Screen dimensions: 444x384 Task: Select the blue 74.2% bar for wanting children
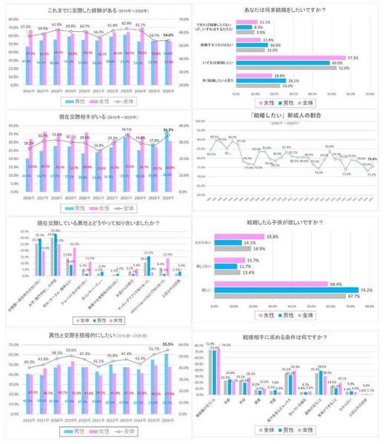pos(296,289)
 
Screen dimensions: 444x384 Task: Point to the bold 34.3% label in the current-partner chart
pos(169,129)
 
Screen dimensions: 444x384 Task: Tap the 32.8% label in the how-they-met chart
pos(54,231)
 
